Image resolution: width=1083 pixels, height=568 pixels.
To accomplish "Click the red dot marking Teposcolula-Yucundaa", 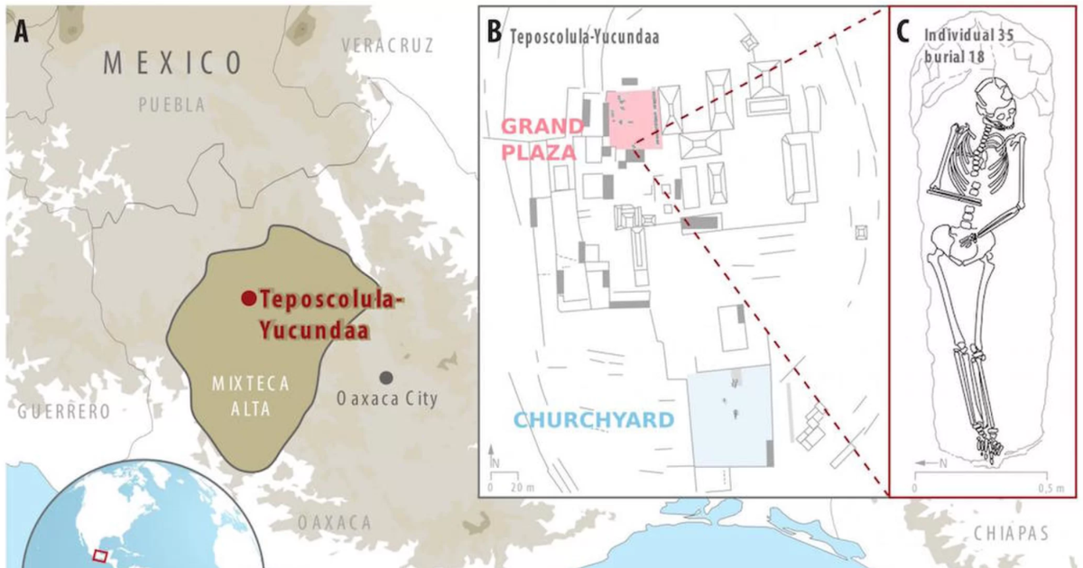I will pos(245,298).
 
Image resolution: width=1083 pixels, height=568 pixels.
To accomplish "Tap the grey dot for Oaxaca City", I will pos(387,377).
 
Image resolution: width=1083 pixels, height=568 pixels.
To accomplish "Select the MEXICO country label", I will pos(172,63).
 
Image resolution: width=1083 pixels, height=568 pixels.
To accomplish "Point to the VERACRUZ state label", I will pos(388,45).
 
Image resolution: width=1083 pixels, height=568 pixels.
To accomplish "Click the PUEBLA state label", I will pos(171,105).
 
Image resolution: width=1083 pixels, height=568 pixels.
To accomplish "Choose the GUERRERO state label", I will pos(63,412).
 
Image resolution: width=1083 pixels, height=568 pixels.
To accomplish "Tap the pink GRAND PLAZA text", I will pos(539,138).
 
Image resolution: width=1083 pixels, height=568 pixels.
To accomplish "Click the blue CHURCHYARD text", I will pos(594,420).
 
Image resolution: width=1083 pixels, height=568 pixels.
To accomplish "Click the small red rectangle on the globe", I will pos(99,554).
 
